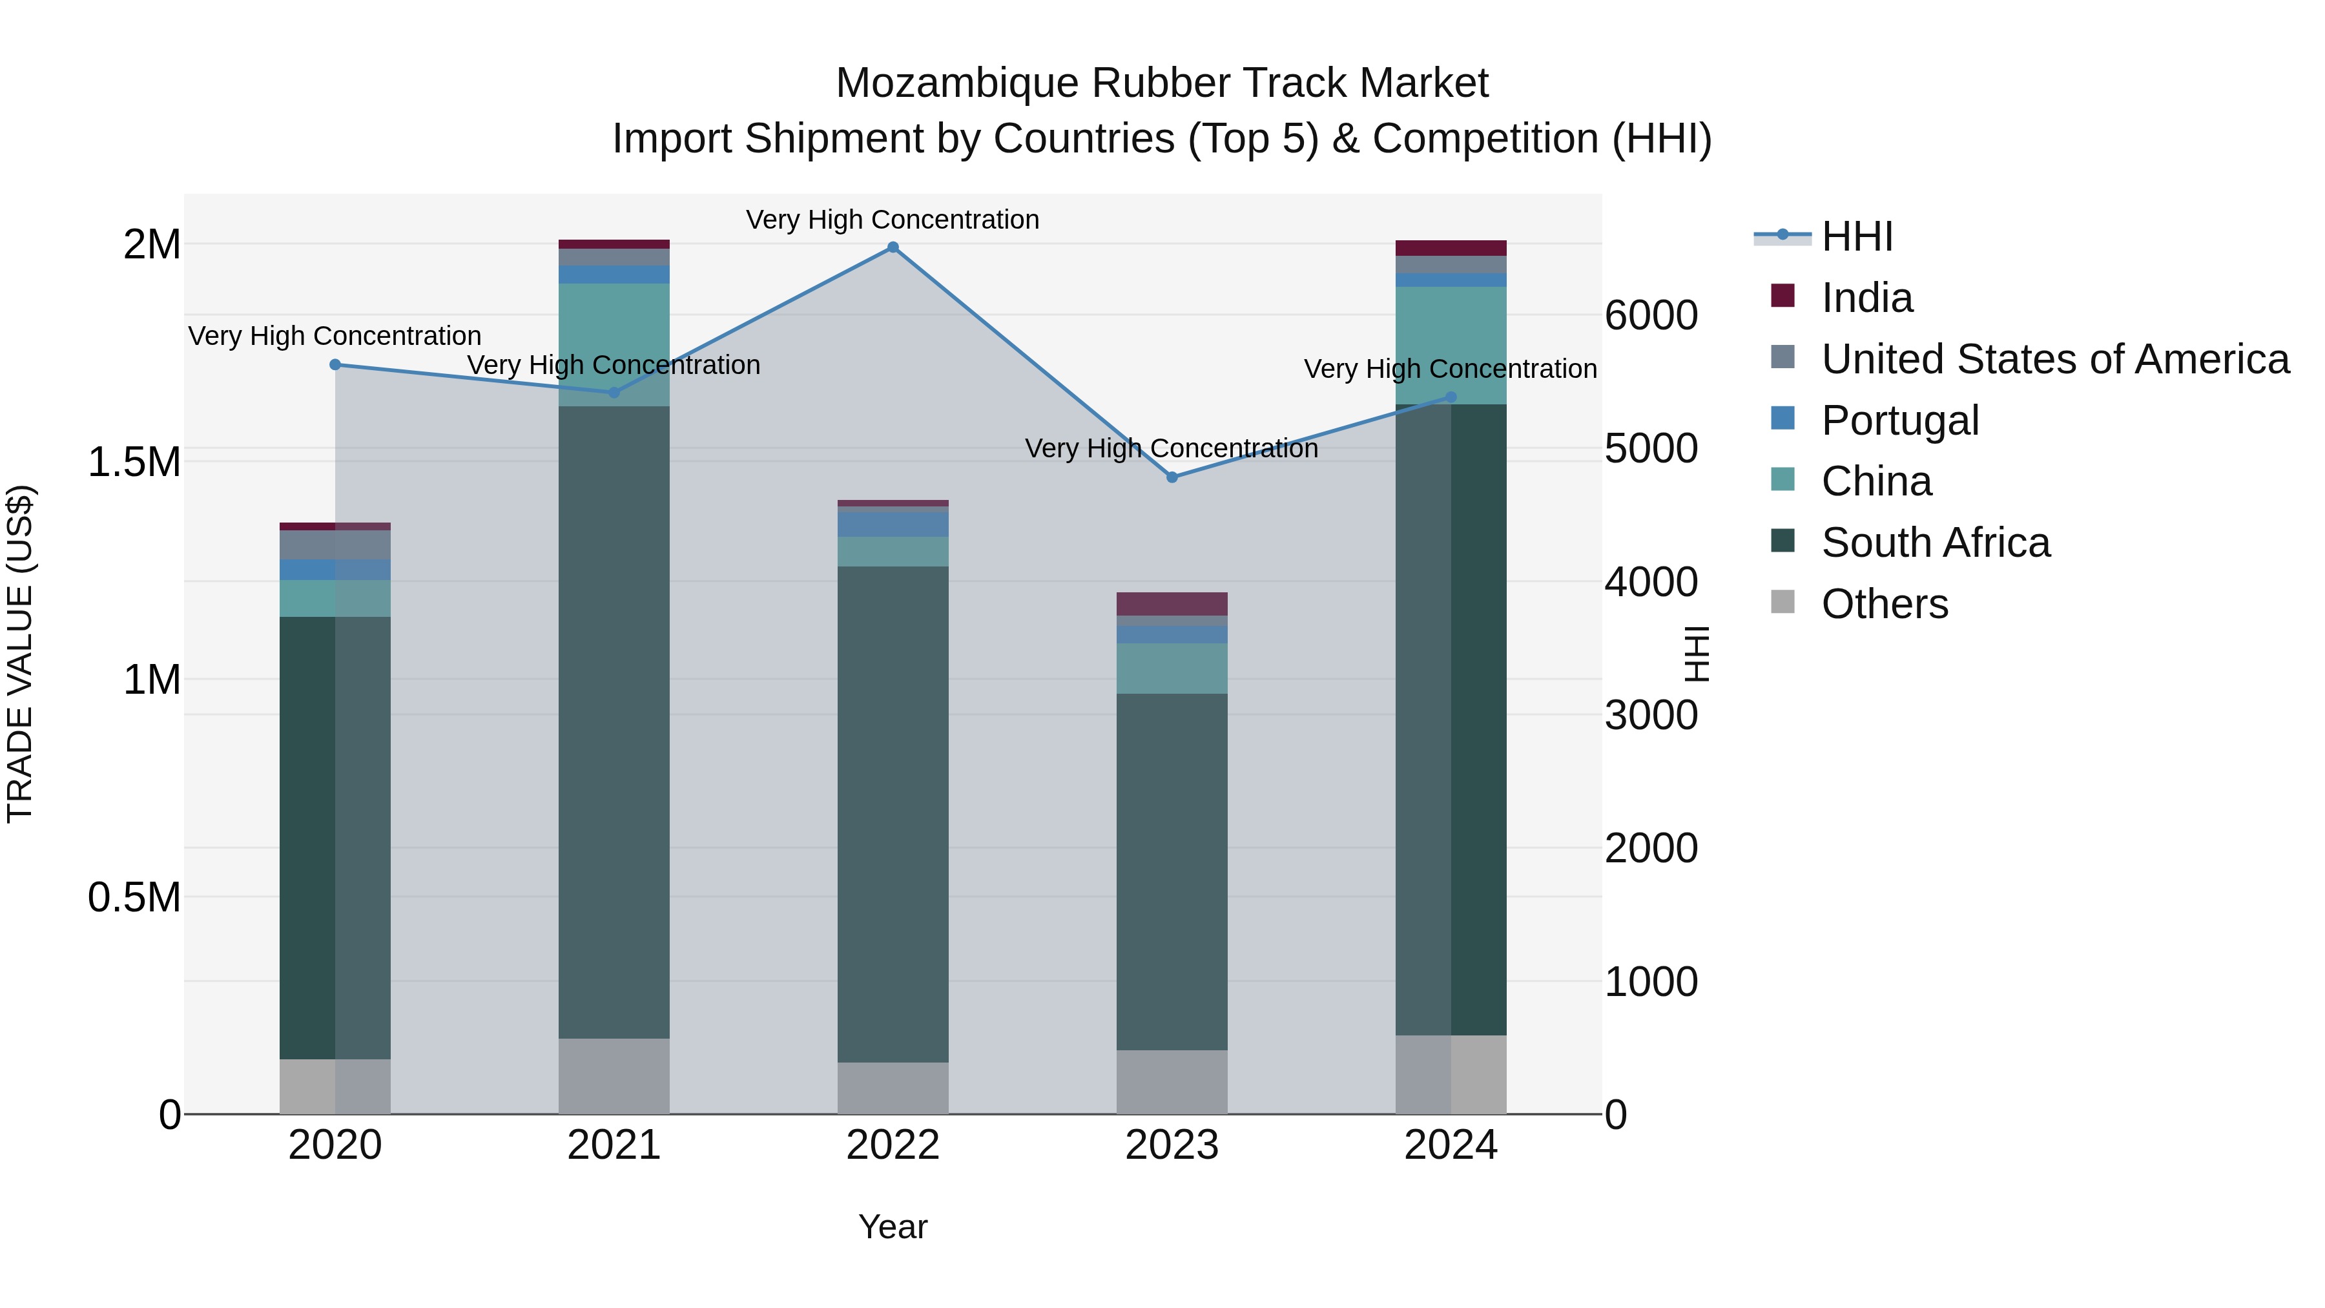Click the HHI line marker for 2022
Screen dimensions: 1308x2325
pos(893,247)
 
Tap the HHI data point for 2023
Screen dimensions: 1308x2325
pos(1172,477)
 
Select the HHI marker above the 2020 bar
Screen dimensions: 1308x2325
pos(335,365)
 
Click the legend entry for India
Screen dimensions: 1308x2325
pos(1866,298)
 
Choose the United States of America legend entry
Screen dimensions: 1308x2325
pos(2054,359)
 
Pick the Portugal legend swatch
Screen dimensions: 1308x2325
pos(1782,419)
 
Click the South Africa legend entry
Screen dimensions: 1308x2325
pos(1935,543)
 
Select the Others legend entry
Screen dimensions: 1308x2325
pos(1884,604)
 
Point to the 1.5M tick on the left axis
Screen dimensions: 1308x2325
pos(134,462)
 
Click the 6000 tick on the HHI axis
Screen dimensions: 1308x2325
pos(1651,316)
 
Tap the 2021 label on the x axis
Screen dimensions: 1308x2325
pos(614,1145)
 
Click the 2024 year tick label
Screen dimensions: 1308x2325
pos(1451,1145)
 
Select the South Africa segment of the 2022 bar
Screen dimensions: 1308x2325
pos(893,813)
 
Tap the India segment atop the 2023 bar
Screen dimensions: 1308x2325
pos(1172,604)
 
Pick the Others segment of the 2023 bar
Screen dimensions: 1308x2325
pos(1172,1081)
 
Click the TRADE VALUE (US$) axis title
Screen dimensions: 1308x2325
pos(21,654)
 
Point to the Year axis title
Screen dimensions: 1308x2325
pos(893,1227)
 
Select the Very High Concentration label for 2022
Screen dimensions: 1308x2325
pos(892,220)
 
